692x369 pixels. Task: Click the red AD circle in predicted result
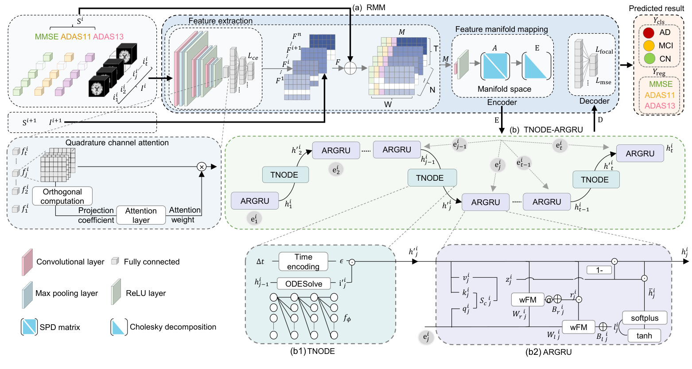pos(649,33)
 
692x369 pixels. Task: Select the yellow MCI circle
pos(649,46)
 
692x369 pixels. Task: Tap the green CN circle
pos(649,58)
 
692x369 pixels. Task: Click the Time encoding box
pos(303,262)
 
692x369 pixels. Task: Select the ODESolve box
pos(303,284)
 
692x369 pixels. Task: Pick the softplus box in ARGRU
pos(645,318)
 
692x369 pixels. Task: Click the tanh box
pos(644,335)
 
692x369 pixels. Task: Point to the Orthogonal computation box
pos(62,196)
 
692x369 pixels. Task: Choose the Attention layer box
pos(141,215)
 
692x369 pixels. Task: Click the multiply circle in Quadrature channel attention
pos(202,167)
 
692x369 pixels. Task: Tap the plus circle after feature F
pos(350,68)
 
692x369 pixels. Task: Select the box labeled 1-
pos(599,270)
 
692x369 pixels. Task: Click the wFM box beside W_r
pos(528,300)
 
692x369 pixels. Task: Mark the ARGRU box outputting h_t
pos(640,154)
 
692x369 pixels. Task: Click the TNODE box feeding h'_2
pos(284,175)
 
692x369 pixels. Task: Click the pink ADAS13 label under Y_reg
pos(660,105)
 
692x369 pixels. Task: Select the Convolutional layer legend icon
pos(27,262)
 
